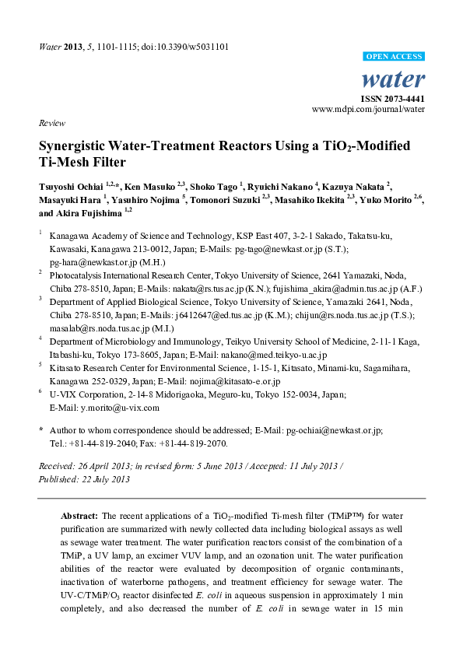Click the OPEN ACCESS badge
pos(395,57)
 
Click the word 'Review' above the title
pos(51,124)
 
